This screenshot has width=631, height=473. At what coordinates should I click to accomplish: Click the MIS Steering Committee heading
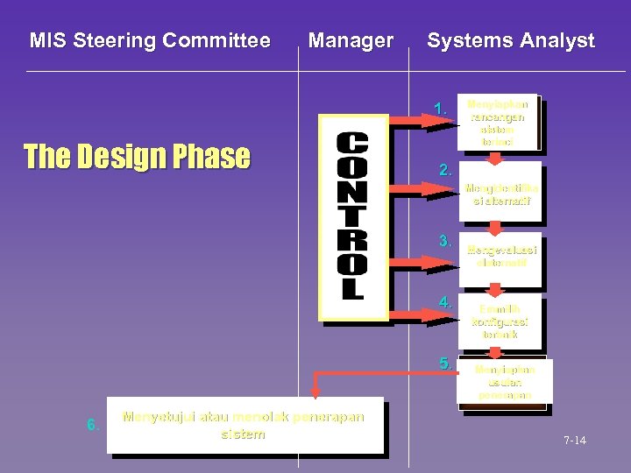coord(150,40)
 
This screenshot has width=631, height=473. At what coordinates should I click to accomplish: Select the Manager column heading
coord(351,40)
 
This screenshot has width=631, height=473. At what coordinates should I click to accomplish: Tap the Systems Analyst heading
coord(510,40)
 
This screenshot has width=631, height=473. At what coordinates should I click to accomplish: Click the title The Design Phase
coord(137,157)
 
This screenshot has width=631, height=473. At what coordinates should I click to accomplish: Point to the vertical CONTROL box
coord(352,218)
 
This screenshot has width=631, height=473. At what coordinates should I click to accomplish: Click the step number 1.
coord(441,109)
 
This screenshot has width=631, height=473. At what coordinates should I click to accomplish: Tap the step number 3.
coord(445,241)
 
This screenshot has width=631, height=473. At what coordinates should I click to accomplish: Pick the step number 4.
coord(445,302)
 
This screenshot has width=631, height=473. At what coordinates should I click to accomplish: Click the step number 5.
coord(445,364)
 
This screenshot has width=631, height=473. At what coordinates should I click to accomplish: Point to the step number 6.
coord(92,426)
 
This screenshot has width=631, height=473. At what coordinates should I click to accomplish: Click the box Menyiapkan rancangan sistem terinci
coord(497,122)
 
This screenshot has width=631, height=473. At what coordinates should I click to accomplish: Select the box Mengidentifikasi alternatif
coord(500,194)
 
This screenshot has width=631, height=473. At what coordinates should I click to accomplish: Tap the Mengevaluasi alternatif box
coord(500,256)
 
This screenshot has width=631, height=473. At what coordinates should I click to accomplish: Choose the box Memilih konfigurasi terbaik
coord(500,322)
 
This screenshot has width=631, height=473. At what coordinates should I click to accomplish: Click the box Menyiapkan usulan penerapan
coord(502,383)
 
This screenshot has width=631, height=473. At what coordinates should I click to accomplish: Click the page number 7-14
coord(575,441)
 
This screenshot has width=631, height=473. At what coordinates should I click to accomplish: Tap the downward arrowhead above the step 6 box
coord(316,392)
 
